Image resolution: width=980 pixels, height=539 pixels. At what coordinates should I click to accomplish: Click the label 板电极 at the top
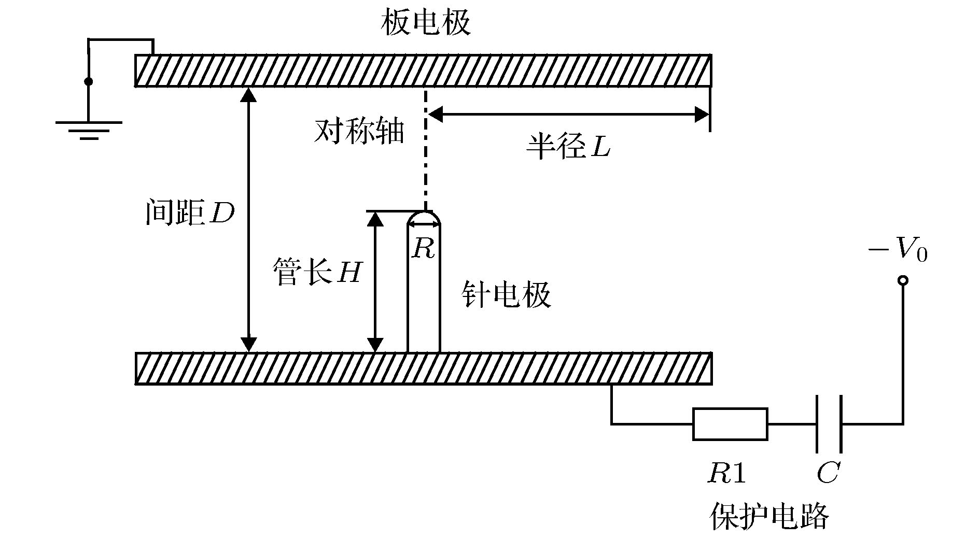coord(426,24)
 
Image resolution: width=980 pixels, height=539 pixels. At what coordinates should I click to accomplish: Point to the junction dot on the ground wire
coord(89,81)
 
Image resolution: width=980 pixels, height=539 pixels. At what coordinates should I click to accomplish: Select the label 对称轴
coord(359,132)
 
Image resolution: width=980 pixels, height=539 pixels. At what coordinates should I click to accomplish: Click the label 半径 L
coord(568,147)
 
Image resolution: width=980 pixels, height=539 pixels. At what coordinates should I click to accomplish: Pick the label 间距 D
coord(190,213)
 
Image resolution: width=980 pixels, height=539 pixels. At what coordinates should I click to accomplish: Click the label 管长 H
coord(317,272)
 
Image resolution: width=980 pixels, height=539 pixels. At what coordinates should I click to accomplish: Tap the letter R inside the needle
coord(423,249)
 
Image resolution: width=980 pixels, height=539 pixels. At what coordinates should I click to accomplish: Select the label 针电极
coord(506,296)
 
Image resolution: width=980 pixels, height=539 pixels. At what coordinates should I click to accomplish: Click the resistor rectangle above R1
coord(730,424)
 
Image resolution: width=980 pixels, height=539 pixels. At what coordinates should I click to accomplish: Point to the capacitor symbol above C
coord(829,424)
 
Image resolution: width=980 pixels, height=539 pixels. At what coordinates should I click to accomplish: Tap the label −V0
coord(898,251)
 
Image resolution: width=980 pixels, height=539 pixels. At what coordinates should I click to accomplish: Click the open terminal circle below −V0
coord(903,281)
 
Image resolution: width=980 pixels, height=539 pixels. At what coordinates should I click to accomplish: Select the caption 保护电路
coord(769,516)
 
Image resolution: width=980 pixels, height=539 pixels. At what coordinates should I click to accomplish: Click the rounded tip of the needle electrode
coord(424,216)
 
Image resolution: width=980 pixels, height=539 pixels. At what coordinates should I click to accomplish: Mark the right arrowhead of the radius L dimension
coord(702,115)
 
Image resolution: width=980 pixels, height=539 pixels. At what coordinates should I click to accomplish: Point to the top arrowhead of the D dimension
coord(249,95)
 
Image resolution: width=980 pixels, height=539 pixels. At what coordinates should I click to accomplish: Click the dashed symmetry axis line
coord(425,150)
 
